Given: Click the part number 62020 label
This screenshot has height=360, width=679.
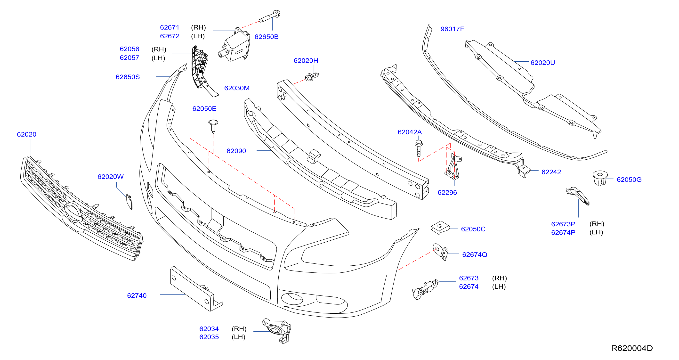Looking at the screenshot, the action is point(27,134).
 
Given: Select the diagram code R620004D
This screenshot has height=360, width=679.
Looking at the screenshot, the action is point(632,348).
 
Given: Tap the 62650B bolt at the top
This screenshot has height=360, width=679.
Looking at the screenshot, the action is point(270,16).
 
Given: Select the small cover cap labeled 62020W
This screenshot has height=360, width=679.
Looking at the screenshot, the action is point(129,202).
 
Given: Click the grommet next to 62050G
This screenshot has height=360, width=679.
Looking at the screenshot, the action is point(600,178).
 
